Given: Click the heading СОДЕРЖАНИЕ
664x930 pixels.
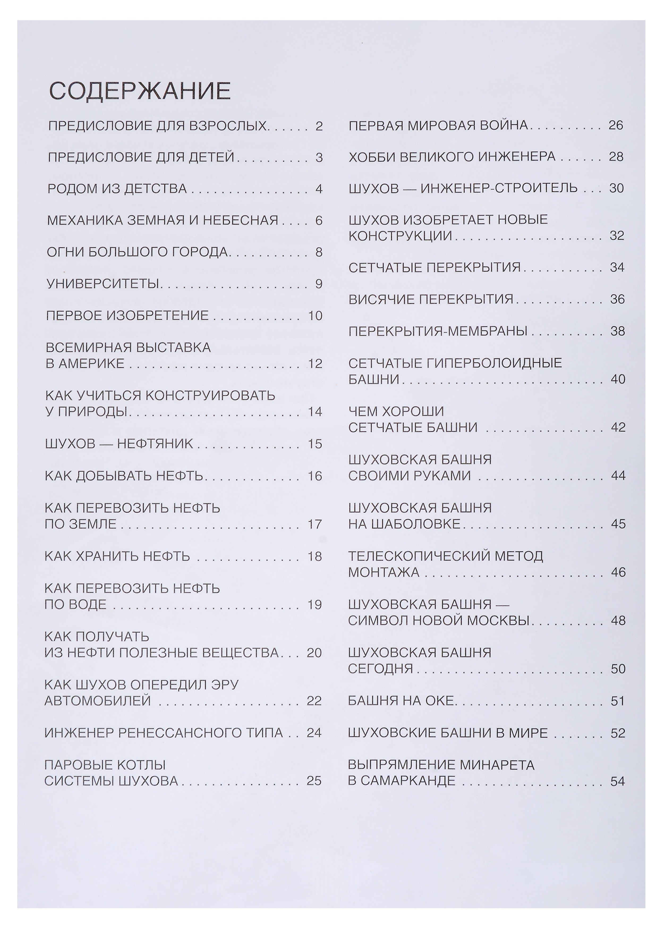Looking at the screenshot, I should (x=140, y=91).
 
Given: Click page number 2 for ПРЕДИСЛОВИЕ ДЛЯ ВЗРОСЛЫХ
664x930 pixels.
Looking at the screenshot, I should (x=319, y=126).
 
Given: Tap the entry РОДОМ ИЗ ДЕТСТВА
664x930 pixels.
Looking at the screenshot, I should (x=117, y=189).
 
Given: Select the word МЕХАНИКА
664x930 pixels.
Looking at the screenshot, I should (x=84, y=221).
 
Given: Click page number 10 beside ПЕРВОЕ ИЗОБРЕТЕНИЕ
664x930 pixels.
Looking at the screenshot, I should (x=315, y=316).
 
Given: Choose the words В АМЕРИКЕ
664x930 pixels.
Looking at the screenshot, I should (x=85, y=363).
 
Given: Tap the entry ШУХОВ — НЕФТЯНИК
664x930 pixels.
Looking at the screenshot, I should (x=118, y=444).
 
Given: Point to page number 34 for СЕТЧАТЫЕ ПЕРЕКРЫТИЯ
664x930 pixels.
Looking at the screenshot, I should (x=617, y=268).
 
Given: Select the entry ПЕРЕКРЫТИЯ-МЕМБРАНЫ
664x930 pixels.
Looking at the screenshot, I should (x=437, y=331).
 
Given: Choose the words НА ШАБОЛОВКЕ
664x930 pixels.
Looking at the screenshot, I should (x=404, y=524).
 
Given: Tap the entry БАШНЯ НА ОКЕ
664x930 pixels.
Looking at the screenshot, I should (x=401, y=701).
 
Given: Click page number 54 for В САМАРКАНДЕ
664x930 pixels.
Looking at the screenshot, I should (x=618, y=781).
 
